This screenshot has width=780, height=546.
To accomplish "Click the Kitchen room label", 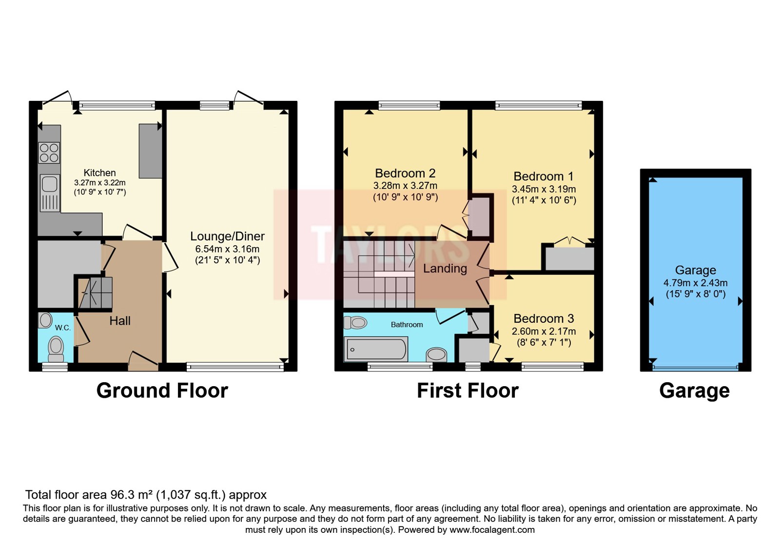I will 99,173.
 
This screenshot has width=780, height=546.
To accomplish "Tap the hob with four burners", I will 49,153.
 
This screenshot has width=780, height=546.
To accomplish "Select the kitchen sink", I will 49,185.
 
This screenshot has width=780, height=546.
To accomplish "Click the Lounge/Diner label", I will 227,236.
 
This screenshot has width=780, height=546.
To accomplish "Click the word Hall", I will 120,321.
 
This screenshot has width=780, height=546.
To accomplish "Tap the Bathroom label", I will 407,325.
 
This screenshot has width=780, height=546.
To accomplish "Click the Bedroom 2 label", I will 405,174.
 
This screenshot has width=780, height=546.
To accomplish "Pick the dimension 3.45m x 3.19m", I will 544,189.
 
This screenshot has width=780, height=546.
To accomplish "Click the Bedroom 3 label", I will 544,319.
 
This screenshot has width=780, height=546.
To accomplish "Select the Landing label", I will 445,269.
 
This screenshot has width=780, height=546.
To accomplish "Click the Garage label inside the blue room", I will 695,270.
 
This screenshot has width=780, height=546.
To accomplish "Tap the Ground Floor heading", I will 162,391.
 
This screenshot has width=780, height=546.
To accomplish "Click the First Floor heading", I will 468,391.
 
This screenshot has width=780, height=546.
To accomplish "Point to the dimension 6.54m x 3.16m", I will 227,249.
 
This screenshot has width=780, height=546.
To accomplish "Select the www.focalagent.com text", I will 492,530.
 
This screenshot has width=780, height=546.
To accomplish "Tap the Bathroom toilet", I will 356,322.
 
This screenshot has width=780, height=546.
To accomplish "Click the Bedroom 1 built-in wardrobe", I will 569,259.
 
